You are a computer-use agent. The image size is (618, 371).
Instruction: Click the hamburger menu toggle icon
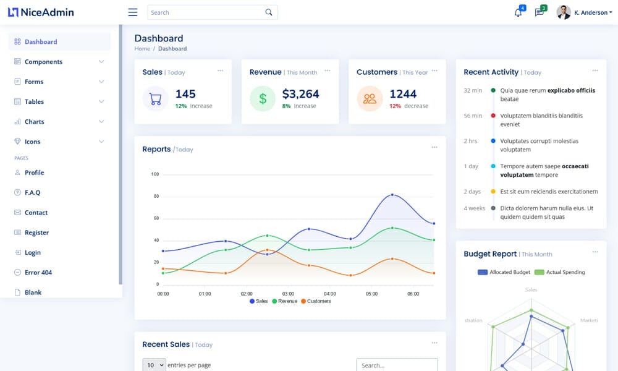[132, 12]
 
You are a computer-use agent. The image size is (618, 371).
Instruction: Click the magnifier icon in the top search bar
[268, 12]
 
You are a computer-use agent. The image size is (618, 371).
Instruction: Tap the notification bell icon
[518, 12]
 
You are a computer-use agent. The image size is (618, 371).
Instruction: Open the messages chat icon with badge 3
[539, 12]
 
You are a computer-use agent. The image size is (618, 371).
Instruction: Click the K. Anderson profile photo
[563, 12]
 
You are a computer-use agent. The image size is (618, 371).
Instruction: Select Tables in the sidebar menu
[34, 101]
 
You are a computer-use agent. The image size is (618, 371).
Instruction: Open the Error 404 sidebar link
[38, 273]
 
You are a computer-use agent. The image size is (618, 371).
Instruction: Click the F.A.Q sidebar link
[32, 193]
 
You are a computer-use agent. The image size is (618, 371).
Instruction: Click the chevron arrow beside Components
[101, 62]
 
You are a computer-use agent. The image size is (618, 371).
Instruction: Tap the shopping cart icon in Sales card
[156, 98]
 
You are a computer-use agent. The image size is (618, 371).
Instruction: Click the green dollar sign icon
[263, 98]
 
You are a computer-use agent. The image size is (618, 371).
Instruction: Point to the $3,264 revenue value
[300, 94]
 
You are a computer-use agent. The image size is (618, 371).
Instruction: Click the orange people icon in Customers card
[370, 98]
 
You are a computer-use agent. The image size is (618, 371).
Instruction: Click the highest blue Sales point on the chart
[392, 195]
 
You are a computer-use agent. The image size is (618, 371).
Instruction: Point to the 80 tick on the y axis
[156, 197]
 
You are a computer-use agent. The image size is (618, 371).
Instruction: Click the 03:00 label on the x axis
[288, 294]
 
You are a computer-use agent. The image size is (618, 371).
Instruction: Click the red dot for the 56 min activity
[493, 116]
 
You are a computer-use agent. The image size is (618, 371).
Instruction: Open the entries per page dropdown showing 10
[154, 365]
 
